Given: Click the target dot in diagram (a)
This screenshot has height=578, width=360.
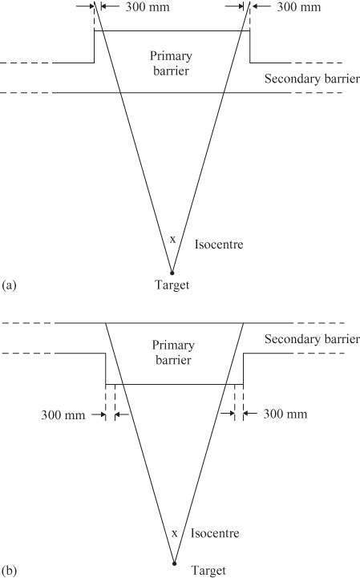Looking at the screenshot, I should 171,272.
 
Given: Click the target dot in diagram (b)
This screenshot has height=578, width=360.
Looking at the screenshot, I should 173,562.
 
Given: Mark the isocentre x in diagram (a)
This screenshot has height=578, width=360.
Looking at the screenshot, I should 172,239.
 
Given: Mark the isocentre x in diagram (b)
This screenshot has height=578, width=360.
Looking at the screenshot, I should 174,532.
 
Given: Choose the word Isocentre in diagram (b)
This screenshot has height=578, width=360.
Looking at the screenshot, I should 216,533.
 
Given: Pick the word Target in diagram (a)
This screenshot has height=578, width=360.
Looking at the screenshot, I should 172,285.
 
